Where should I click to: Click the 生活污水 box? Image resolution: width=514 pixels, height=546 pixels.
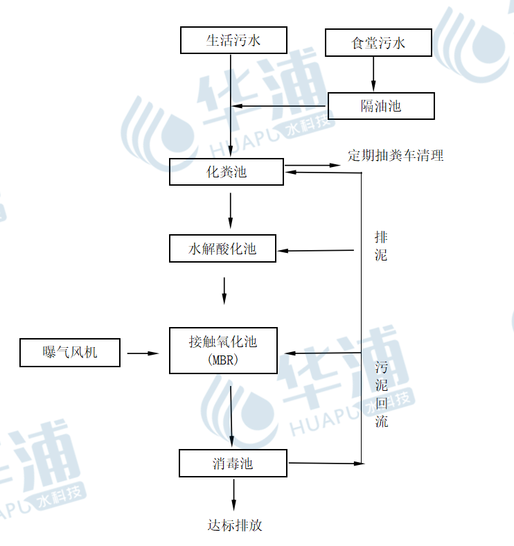coord(233,40)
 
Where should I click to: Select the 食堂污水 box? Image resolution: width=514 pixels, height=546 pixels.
coord(378,43)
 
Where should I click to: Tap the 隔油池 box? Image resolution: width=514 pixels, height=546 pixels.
coord(381,106)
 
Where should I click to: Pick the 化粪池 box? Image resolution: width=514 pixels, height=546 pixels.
coord(227,172)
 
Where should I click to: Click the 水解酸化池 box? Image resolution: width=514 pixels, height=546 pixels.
coord(222,249)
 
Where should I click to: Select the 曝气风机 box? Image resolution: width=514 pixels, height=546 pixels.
coord(70,353)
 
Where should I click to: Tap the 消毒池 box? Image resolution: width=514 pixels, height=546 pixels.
coord(233,463)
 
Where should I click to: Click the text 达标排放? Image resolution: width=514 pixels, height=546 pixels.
coord(236,525)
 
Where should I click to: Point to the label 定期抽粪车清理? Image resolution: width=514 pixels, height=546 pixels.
coord(396,155)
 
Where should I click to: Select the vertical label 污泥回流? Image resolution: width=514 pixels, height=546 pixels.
coord(382,394)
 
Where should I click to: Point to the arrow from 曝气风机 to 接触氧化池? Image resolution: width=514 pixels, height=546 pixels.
coord(143,353)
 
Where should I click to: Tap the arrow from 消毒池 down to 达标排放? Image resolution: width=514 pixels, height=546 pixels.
coord(233,495)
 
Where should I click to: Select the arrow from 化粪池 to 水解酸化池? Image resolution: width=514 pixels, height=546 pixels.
coord(231,211)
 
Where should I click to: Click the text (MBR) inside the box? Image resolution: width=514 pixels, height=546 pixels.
coord(222,360)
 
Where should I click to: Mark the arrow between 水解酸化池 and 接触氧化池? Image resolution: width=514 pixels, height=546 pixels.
coord(224,290)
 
